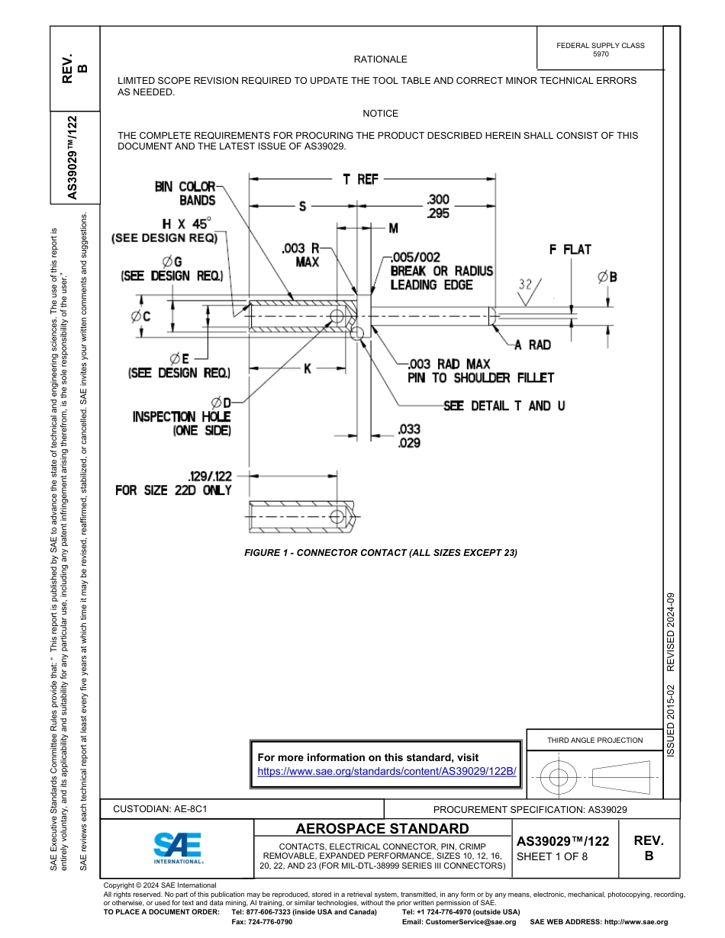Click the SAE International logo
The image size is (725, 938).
(178, 846)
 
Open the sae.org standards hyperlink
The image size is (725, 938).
(387, 771)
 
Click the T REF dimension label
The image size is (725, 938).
(360, 179)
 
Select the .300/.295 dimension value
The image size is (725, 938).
(439, 207)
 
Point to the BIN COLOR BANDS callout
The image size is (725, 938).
(185, 194)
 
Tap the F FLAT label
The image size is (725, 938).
(570, 249)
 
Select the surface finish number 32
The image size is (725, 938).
(525, 284)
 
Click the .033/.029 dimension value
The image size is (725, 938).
(409, 436)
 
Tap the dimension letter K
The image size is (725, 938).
(307, 368)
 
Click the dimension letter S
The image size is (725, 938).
(302, 206)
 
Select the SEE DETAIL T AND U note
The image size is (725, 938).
(504, 406)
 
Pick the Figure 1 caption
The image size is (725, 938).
(380, 552)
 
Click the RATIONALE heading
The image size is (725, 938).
(380, 59)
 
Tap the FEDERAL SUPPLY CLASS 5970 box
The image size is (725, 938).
(600, 50)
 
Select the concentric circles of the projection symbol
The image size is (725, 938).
(559, 778)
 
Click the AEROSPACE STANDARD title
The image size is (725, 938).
(382, 828)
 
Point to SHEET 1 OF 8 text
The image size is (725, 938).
(553, 856)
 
